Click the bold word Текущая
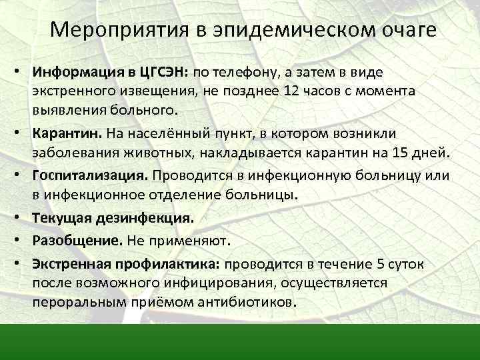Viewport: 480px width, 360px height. coord(60,218)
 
